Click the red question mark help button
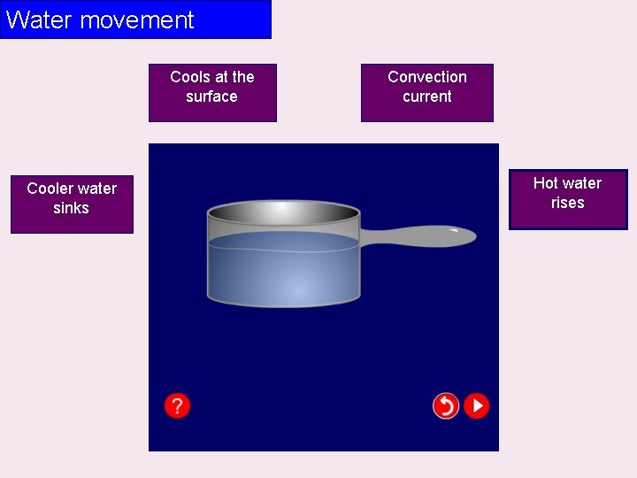pos(177,406)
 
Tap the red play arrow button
pos(477,406)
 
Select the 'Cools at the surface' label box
pos(212,92)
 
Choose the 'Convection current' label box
pos(426,92)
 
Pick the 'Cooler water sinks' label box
pos(72,204)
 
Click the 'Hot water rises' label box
pos(567,199)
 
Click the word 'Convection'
pos(426,77)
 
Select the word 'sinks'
pos(71,208)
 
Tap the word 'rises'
pos(567,203)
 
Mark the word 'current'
pos(426,96)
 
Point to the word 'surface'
pos(211,96)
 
